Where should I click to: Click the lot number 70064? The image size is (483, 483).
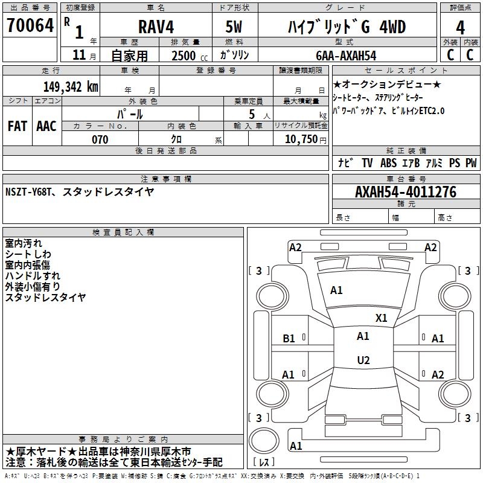[x=30, y=25]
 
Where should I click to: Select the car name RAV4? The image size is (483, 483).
[x=156, y=27]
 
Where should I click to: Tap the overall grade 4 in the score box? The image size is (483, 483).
[x=460, y=28]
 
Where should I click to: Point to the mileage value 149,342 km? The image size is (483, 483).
[x=71, y=87]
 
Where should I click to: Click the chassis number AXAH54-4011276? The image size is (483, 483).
[x=406, y=192]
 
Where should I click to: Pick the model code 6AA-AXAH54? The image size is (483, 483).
[x=346, y=56]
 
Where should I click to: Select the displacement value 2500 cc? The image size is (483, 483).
[x=190, y=56]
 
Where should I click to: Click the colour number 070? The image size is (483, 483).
[x=100, y=139]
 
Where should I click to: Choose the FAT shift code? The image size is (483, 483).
[x=18, y=126]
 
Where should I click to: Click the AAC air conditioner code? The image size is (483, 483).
[x=46, y=126]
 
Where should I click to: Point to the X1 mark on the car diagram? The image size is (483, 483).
[x=381, y=318]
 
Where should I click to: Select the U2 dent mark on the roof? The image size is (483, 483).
[x=363, y=360]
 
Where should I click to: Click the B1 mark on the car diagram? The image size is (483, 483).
[x=289, y=339]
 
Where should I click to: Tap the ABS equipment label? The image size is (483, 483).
[x=388, y=163]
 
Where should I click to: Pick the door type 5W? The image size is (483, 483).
[x=234, y=27]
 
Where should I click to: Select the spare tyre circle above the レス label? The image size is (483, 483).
[x=264, y=440]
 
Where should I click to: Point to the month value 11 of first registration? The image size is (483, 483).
[x=79, y=55]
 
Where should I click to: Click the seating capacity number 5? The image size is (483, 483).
[x=252, y=114]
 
